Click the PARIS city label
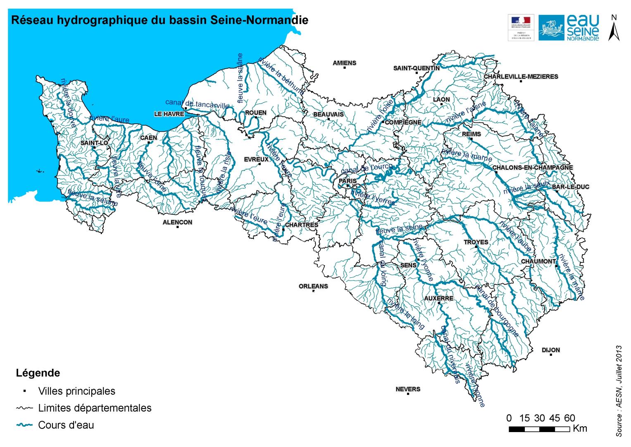coord(348,181)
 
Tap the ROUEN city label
coord(256,113)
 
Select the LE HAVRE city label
coord(169,114)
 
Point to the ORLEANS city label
coord(313,286)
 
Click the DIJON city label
coord(551,350)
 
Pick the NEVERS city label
coord(408,389)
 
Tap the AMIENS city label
coord(344,63)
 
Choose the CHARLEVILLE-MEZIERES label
coord(521,77)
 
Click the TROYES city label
coord(476,242)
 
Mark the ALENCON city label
coord(177,222)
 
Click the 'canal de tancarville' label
coord(197,104)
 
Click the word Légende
coord(38,373)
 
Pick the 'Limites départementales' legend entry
coord(95,408)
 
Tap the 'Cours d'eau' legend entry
coord(66,425)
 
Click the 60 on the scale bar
coord(569,418)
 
